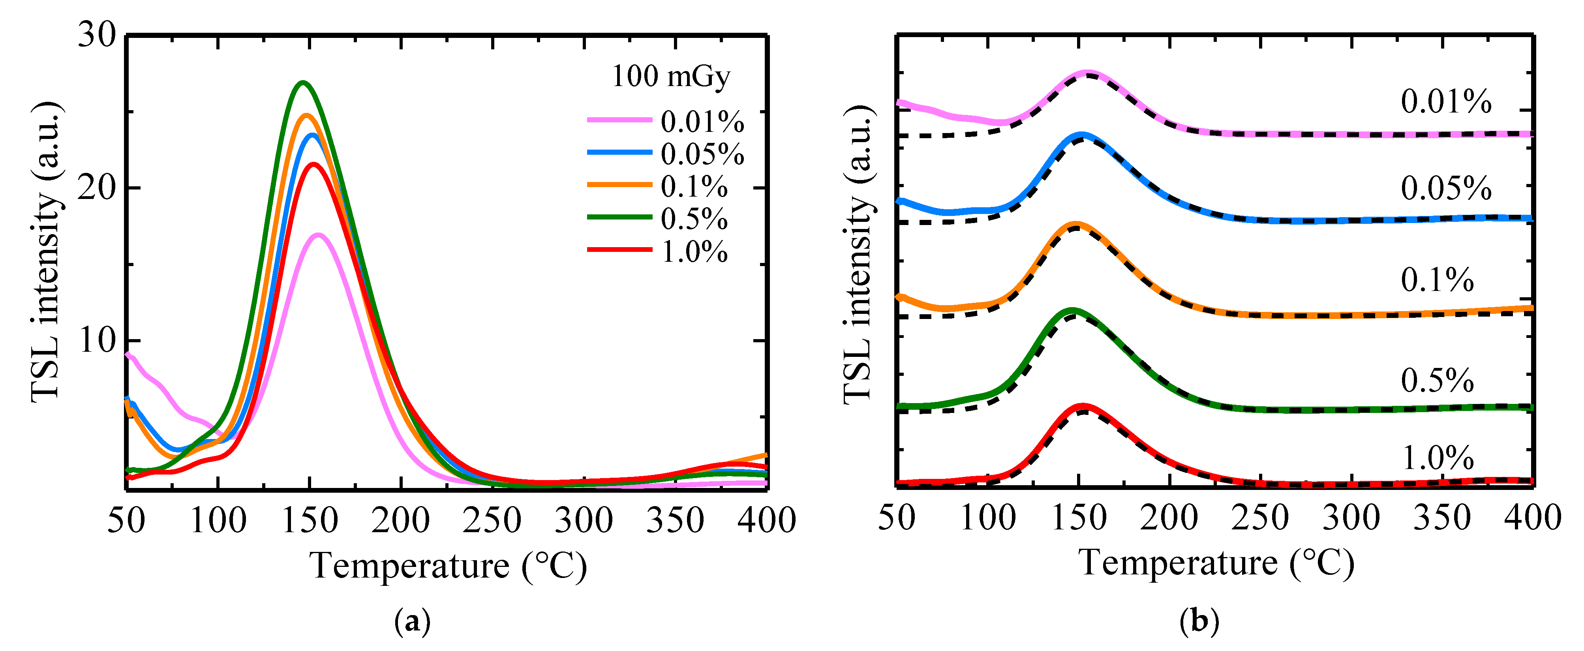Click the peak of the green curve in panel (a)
click(x=302, y=83)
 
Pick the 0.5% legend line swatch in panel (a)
click(x=619, y=217)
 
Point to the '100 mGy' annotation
click(x=670, y=77)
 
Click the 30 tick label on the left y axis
click(x=97, y=35)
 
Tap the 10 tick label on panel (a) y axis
click(x=97, y=340)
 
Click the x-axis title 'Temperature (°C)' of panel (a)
click(x=448, y=566)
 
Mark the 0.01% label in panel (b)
click(x=1446, y=101)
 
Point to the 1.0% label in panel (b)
click(x=1437, y=458)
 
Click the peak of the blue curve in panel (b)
click(x=1081, y=135)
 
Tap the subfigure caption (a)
click(x=411, y=622)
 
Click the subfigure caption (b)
click(x=1199, y=622)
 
